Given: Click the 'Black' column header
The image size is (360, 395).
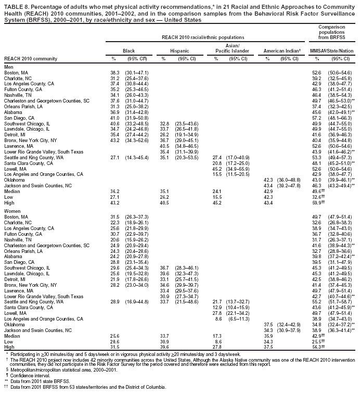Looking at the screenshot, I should [x=128, y=50].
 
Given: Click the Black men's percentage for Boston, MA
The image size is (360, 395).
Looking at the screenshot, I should [x=115, y=72].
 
